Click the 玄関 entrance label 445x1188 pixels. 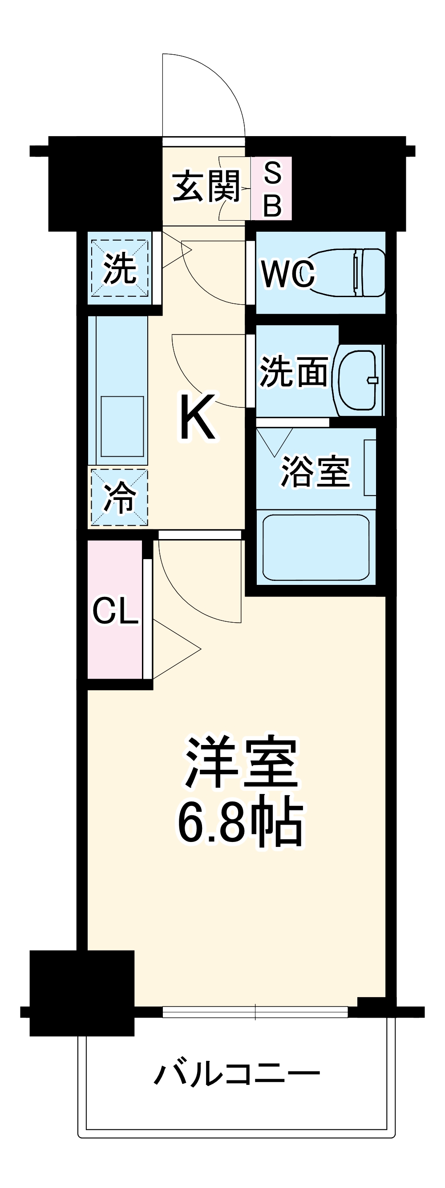click(206, 186)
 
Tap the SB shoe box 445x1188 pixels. click(272, 189)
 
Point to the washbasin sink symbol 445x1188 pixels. click(359, 380)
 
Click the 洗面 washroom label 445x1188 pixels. click(294, 372)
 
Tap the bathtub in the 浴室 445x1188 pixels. click(316, 547)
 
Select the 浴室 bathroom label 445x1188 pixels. click(316, 471)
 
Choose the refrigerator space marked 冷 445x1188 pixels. click(119, 497)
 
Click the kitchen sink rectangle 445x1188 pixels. click(122, 426)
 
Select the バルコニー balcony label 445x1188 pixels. click(236, 1075)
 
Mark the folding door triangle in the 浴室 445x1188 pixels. click(275, 440)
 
